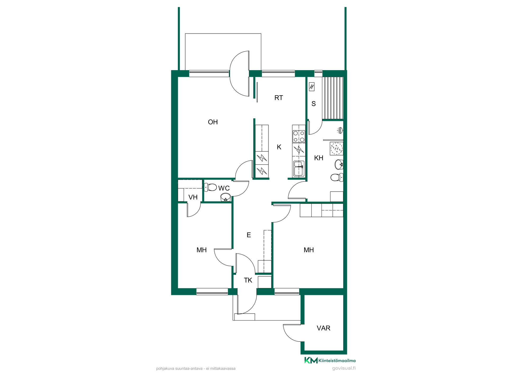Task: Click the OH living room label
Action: point(213,122)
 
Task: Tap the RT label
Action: point(279,98)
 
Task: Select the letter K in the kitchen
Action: point(279,147)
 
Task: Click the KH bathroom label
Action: point(319,158)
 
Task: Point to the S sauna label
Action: point(314,104)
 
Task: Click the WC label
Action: point(224,188)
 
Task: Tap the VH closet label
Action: point(193,197)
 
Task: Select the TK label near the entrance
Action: point(248,280)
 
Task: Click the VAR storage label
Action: point(323,328)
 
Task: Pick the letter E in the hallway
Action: point(249,235)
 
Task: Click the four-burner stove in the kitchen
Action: point(299,137)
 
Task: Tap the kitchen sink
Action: point(299,169)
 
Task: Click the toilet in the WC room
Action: point(211,187)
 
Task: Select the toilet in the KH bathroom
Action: point(337,177)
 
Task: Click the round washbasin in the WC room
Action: point(225,197)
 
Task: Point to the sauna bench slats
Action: point(333,98)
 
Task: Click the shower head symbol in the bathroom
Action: point(340,130)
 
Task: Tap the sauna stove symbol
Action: point(312,87)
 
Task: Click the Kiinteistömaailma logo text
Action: point(337,361)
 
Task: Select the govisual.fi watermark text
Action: point(344,368)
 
